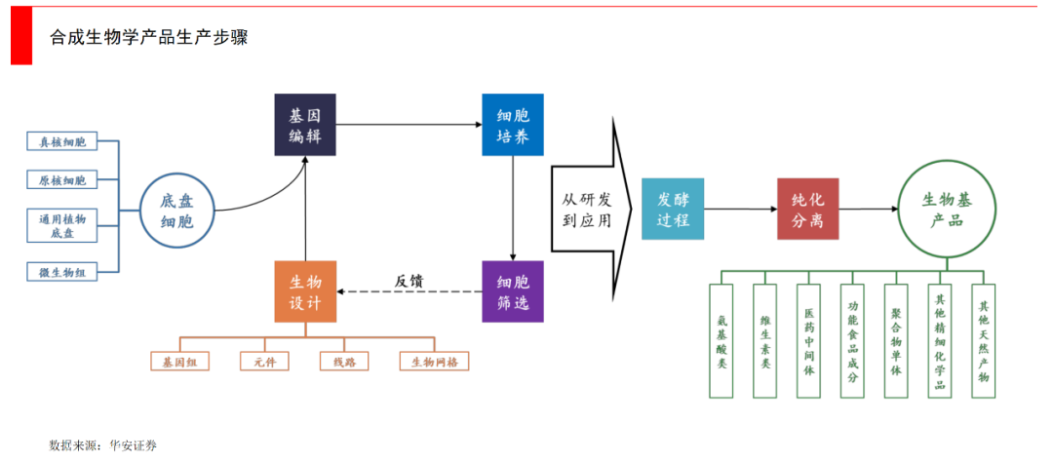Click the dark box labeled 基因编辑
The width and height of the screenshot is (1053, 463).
pyautogui.click(x=305, y=126)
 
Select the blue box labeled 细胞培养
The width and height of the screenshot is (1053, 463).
pyautogui.click(x=513, y=126)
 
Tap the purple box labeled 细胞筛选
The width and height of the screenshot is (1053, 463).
pyautogui.click(x=513, y=291)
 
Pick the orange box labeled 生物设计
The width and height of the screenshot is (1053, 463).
pyautogui.click(x=305, y=291)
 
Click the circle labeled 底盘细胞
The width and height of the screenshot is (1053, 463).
pyautogui.click(x=176, y=211)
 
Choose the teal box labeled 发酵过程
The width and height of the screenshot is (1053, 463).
pyautogui.click(x=672, y=210)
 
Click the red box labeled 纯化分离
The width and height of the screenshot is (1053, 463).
pyautogui.click(x=807, y=210)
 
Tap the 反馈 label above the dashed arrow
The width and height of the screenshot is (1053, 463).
pyautogui.click(x=409, y=281)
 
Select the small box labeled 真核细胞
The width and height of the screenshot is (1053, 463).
pyautogui.click(x=62, y=142)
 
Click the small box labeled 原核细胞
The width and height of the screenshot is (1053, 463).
pyautogui.click(x=62, y=180)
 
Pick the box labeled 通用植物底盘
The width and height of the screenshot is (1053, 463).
pyautogui.click(x=62, y=226)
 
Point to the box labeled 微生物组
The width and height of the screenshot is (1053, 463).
pyautogui.click(x=62, y=273)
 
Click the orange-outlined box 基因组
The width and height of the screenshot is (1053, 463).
pyautogui.click(x=180, y=362)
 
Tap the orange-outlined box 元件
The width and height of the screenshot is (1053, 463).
pyautogui.click(x=264, y=362)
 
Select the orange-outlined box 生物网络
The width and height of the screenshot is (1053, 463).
pyautogui.click(x=434, y=362)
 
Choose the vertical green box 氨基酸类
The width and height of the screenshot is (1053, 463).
pyautogui.click(x=721, y=340)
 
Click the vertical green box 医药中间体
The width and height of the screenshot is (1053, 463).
pyautogui.click(x=809, y=340)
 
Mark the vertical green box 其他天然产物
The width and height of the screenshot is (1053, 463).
pyautogui.click(x=984, y=340)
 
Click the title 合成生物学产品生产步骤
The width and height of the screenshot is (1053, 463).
pyautogui.click(x=149, y=37)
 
